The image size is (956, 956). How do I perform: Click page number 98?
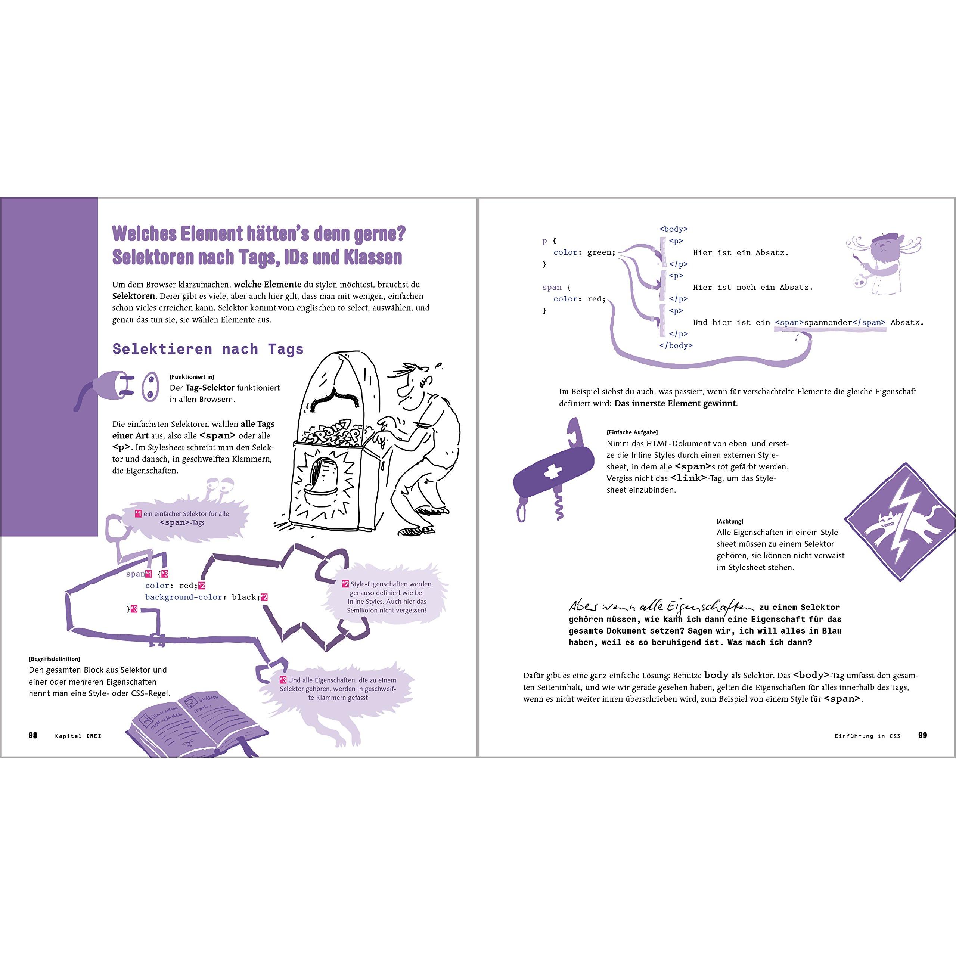(32, 735)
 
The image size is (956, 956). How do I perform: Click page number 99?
(922, 735)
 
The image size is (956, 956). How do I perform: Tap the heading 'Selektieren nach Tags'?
(208, 349)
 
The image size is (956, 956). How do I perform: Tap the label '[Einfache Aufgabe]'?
(632, 432)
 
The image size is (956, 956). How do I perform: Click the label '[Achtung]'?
(730, 522)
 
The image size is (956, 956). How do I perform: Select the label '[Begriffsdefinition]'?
(55, 659)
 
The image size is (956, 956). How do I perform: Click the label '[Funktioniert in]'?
(192, 377)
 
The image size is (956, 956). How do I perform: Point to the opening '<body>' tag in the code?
(673, 229)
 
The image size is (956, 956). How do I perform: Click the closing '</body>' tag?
(676, 345)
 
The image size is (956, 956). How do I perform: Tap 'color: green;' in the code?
(584, 252)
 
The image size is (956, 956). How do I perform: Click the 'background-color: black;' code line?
(202, 597)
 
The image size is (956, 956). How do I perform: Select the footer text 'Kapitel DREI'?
(78, 736)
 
